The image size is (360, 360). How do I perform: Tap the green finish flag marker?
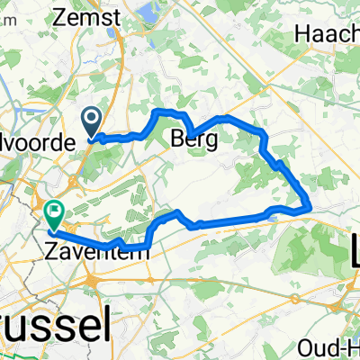[x=53, y=214]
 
